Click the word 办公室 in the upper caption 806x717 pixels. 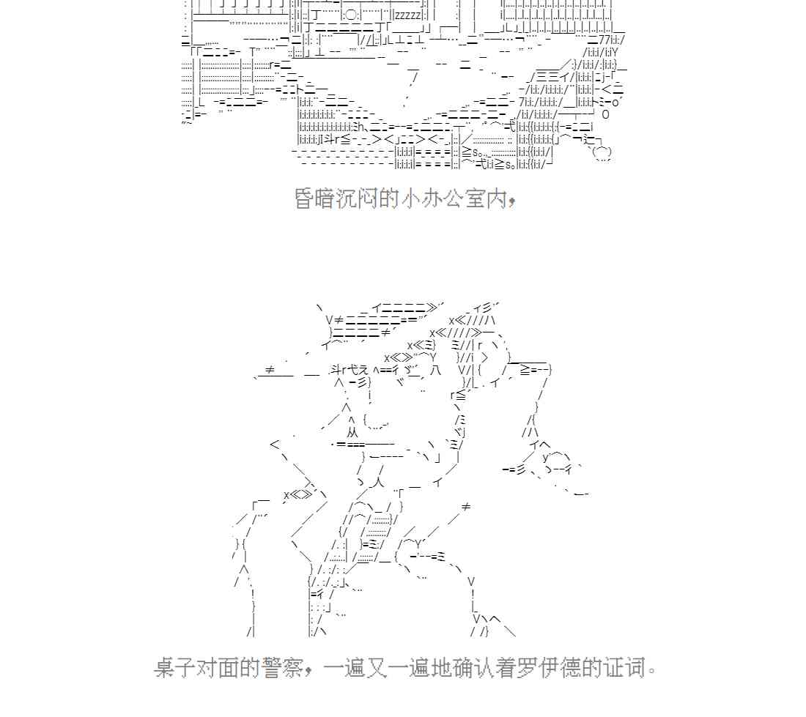[x=454, y=198]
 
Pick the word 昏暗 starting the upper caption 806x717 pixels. [x=314, y=198]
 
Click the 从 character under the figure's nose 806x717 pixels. [x=352, y=433]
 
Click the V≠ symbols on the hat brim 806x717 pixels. [x=334, y=319]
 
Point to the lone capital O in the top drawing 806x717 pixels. [x=605, y=114]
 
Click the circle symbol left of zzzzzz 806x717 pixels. [x=350, y=15]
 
